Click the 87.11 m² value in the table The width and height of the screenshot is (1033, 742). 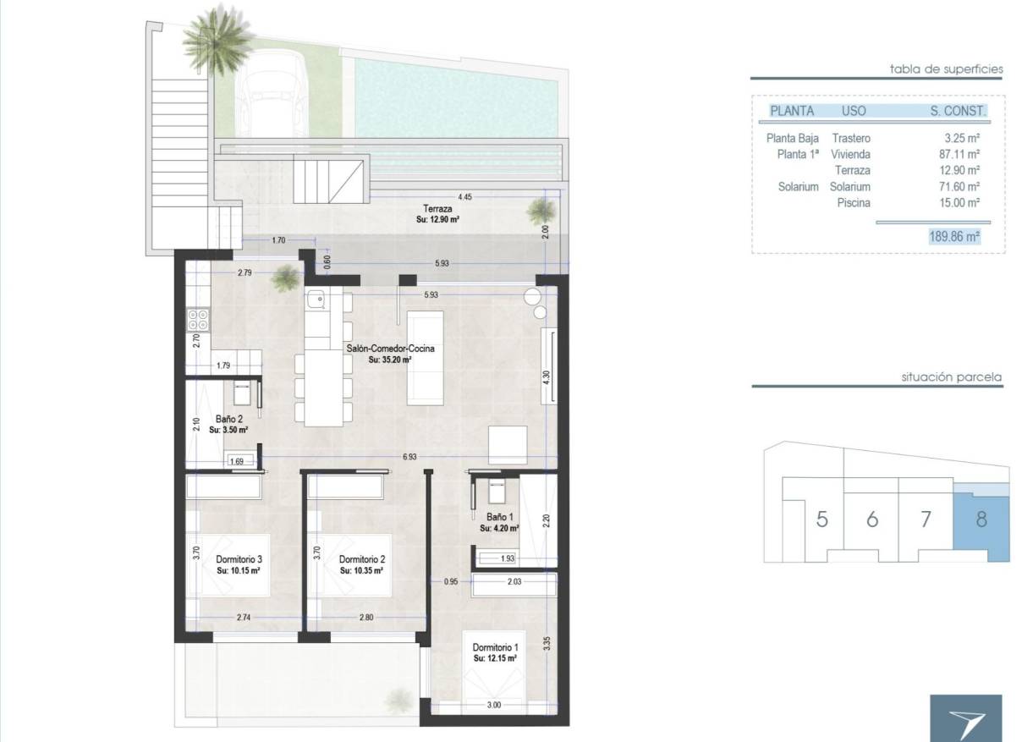click(x=961, y=155)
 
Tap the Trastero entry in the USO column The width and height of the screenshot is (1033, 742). click(x=850, y=138)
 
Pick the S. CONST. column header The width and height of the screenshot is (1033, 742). click(x=958, y=111)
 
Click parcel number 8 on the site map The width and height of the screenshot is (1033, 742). click(x=981, y=519)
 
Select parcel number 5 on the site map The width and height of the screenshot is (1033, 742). click(x=821, y=519)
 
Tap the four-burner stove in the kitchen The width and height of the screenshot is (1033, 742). click(x=198, y=319)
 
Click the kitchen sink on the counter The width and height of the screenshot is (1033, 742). click(x=316, y=298)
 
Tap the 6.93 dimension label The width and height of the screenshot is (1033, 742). click(x=409, y=457)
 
